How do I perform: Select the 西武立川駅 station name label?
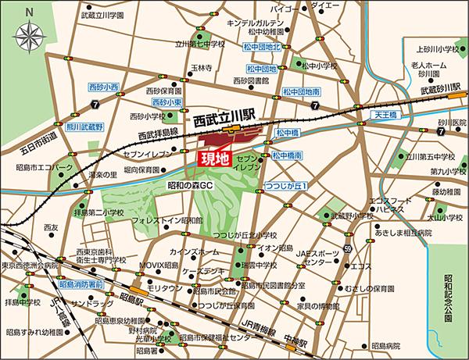[x=226, y=122]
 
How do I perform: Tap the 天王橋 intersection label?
[x=388, y=115]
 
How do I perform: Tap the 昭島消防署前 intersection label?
[x=81, y=286]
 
